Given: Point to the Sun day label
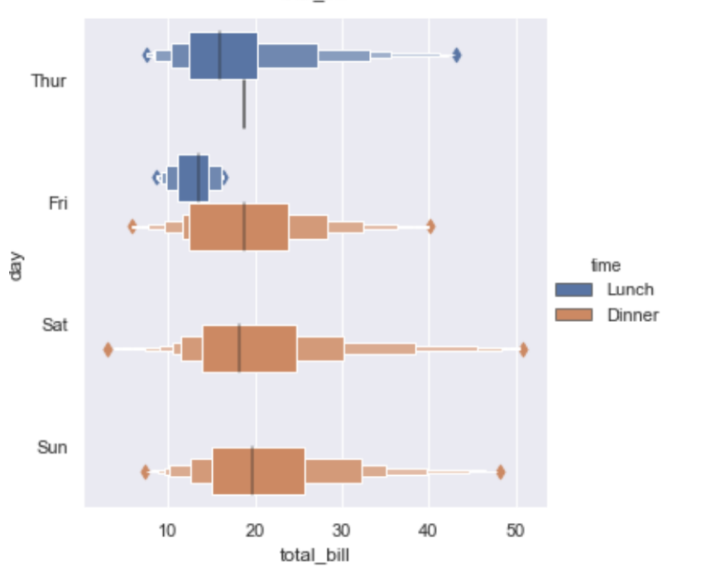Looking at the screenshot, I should [53, 447].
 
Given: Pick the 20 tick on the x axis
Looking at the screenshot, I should [255, 527].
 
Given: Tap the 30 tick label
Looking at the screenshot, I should [342, 527].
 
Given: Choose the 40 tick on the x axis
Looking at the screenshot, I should [429, 527].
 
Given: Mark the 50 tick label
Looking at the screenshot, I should [516, 527].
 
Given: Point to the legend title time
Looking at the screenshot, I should [607, 266].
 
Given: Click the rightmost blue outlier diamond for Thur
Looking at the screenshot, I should [456, 55].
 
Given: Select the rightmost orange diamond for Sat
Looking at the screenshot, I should [523, 349].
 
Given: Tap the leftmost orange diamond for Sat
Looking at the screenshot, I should [108, 349].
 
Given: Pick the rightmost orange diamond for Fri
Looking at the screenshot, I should [430, 227].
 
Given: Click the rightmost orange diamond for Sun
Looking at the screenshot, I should [501, 472].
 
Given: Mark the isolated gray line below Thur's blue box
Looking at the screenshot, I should [244, 104].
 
